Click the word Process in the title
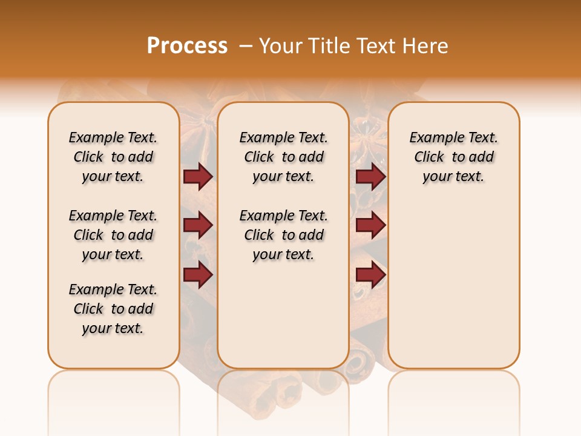point(187,46)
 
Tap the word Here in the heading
point(425,46)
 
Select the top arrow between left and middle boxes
point(198,176)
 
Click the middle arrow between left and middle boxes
point(198,226)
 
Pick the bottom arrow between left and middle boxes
point(198,275)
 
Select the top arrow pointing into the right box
point(370,176)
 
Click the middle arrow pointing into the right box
point(370,226)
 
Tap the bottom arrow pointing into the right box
point(370,275)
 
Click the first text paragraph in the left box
point(113,157)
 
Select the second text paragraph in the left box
point(113,235)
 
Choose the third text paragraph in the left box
point(113,309)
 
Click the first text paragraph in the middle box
point(283,157)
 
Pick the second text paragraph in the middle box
point(283,235)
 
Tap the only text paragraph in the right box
point(453,157)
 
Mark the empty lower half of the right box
point(453,291)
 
